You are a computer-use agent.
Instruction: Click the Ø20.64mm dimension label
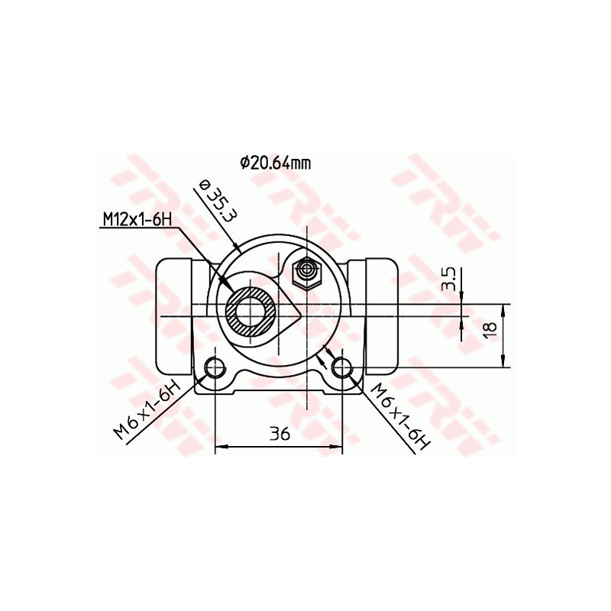[x=276, y=162]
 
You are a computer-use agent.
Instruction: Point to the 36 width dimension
[x=280, y=434]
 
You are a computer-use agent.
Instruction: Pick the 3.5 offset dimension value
[x=450, y=280]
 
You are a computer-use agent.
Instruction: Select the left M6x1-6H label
[x=146, y=409]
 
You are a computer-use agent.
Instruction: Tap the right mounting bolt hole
[x=342, y=369]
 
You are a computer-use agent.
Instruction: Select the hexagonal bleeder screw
[x=308, y=271]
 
